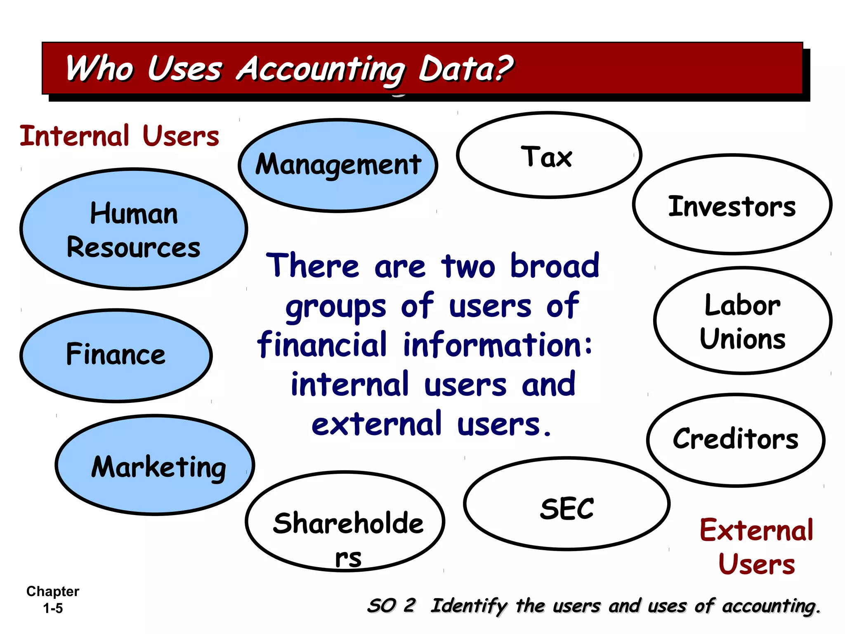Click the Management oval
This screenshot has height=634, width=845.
[338, 165]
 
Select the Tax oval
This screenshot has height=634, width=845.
[549, 155]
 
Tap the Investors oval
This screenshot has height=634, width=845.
[732, 205]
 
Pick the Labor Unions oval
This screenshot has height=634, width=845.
[743, 321]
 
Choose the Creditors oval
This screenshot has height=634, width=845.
[736, 440]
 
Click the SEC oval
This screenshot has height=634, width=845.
[567, 504]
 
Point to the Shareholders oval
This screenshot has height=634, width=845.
[345, 521]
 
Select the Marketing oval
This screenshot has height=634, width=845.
[155, 465]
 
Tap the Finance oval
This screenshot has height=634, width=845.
[116, 355]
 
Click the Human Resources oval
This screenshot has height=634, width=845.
[134, 229]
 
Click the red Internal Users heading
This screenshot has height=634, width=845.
[119, 136]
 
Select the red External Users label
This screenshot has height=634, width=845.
[756, 546]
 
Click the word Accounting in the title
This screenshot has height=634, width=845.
[321, 69]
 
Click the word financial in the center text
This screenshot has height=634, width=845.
[322, 345]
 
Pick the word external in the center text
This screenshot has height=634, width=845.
[376, 424]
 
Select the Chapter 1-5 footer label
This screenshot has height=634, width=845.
[53, 599]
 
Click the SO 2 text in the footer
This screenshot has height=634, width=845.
[391, 606]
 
